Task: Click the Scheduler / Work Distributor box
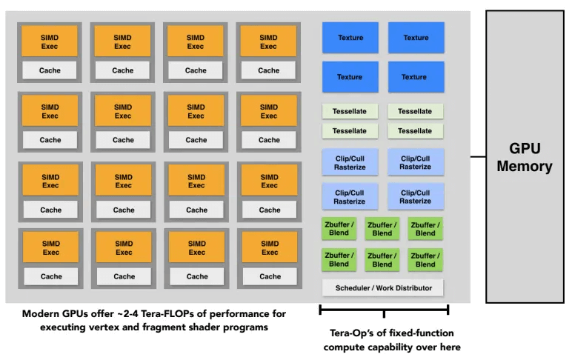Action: [382, 288]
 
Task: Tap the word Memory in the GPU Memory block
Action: [525, 167]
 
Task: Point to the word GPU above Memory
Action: [525, 148]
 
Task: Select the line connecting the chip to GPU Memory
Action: [478, 157]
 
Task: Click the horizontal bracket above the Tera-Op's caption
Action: [384, 310]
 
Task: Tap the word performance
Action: [239, 314]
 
